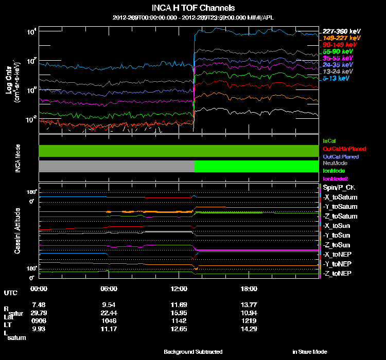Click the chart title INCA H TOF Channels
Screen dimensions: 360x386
[193, 8]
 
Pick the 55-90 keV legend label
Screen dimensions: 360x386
[338, 52]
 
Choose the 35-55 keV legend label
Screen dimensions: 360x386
[338, 59]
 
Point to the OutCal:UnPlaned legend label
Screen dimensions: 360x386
[340, 149]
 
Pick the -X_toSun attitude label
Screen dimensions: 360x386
[338, 225]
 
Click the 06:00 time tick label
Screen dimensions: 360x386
[110, 289]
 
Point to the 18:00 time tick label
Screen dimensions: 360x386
[249, 289]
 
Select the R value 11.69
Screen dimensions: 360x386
[179, 305]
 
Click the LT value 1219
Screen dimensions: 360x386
[249, 320]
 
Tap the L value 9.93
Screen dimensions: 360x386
[39, 328]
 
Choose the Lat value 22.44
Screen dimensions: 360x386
[110, 313]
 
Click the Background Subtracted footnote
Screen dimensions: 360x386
[193, 352]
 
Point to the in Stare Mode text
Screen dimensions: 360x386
[309, 352]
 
